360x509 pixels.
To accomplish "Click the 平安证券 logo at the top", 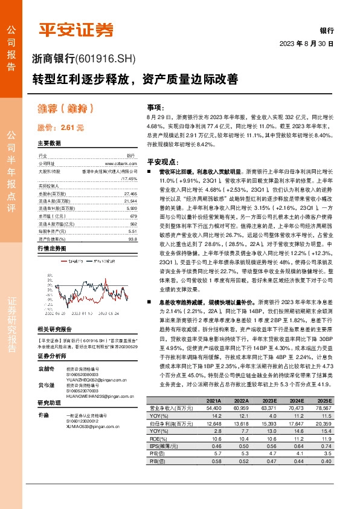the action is coord(76,30).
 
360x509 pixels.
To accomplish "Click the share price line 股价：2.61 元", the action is coord(60,128).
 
